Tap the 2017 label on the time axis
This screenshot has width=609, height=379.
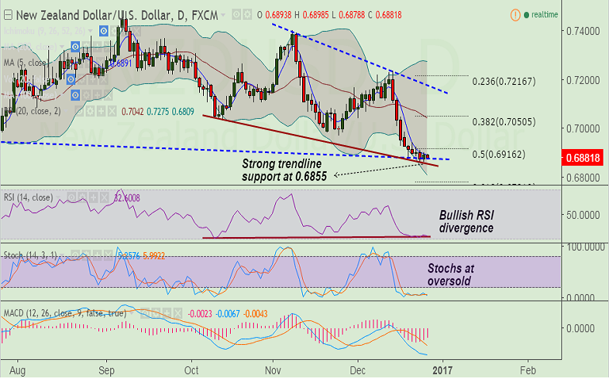point(443,369)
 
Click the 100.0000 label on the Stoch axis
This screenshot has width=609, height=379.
point(578,247)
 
